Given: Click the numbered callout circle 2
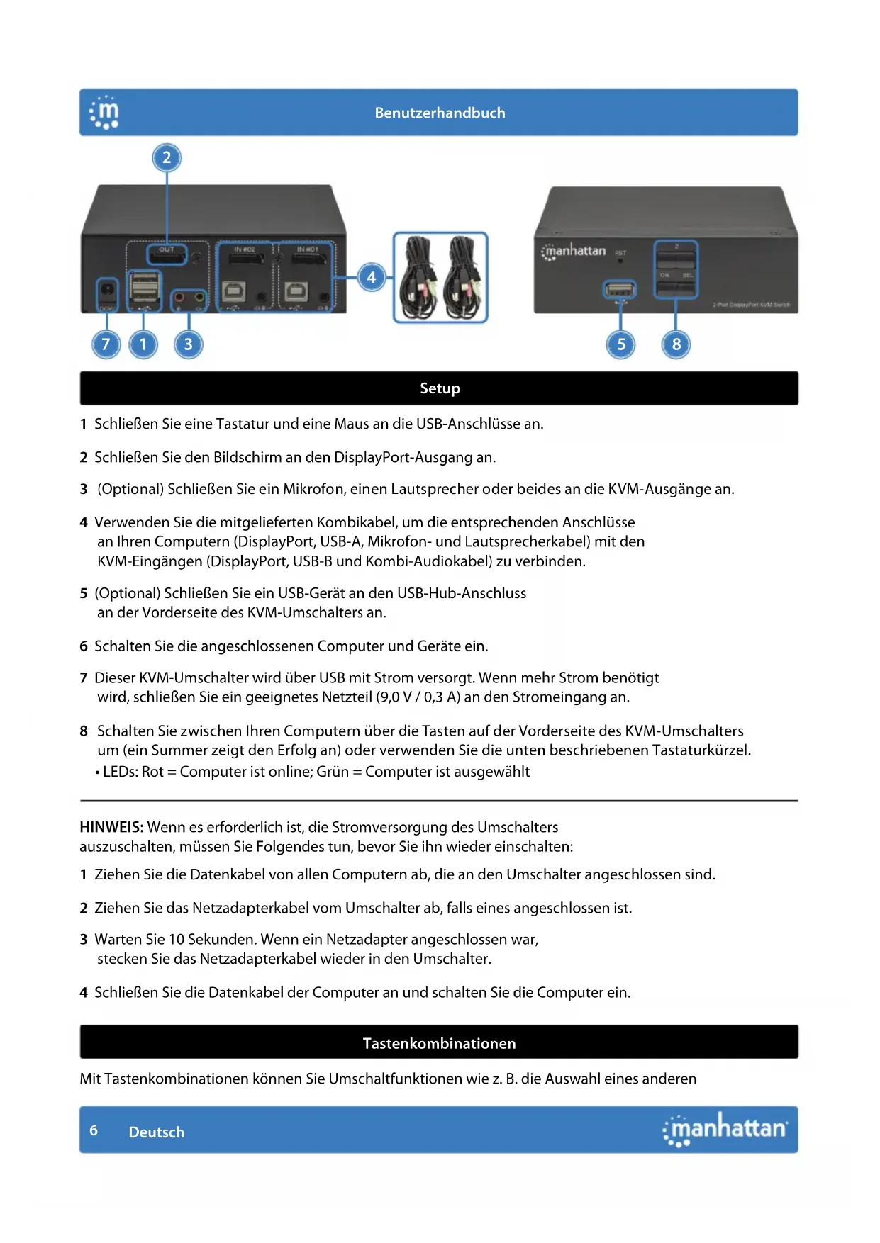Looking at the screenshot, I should coord(167,157).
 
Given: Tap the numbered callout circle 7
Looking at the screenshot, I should coord(106,344).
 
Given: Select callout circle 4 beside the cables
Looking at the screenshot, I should coord(371,277).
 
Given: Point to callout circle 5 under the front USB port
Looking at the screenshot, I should coord(621,344).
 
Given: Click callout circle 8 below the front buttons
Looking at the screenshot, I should coord(676,344).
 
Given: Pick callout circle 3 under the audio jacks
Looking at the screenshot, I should coord(188,344).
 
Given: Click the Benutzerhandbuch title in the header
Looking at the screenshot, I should coord(440,113).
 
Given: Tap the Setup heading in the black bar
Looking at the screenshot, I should coord(440,388).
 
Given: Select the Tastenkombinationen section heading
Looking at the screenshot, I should coord(439,1043).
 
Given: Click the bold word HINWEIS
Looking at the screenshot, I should coord(111,827).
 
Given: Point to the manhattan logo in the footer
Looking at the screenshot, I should coord(725,1129).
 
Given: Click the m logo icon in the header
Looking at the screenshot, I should coord(104,113).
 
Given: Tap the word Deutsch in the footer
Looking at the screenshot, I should coord(156,1132).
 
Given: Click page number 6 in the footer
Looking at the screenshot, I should coord(94,1130).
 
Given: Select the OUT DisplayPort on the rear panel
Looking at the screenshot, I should coord(167,255).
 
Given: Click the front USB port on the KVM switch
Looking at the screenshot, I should coord(620,289).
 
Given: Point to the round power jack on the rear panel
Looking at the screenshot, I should coord(107,290).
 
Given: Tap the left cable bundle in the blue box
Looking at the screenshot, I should coord(419,277).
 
